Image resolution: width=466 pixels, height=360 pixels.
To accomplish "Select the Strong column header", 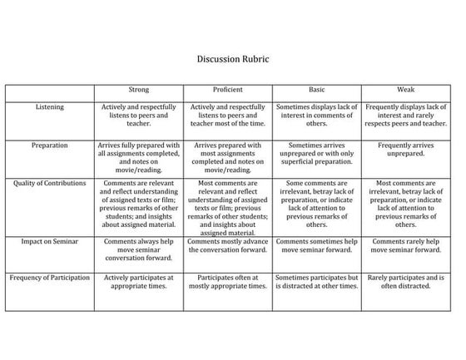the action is click(139, 89).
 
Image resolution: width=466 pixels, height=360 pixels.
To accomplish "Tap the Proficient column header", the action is click(229, 89).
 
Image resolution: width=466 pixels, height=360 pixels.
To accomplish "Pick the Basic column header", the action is click(317, 89).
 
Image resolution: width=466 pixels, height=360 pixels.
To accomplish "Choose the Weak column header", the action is click(406, 89).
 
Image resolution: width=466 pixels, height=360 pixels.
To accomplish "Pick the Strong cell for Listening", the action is click(139, 115).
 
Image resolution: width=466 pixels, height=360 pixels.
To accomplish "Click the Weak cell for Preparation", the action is click(406, 149).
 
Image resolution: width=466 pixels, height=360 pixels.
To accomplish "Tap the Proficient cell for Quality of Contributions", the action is click(229, 207).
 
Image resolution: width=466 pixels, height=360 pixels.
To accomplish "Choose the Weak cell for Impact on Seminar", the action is click(406, 244).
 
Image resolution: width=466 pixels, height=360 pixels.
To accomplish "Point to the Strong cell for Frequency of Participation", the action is click(139, 282).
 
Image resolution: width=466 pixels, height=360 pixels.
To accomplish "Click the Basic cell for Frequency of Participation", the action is click(317, 282).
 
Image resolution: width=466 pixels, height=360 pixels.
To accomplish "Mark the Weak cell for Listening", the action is click(406, 115).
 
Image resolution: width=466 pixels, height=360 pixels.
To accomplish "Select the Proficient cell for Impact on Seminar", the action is click(229, 244).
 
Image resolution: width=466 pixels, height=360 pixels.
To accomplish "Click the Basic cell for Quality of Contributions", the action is click(317, 203).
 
